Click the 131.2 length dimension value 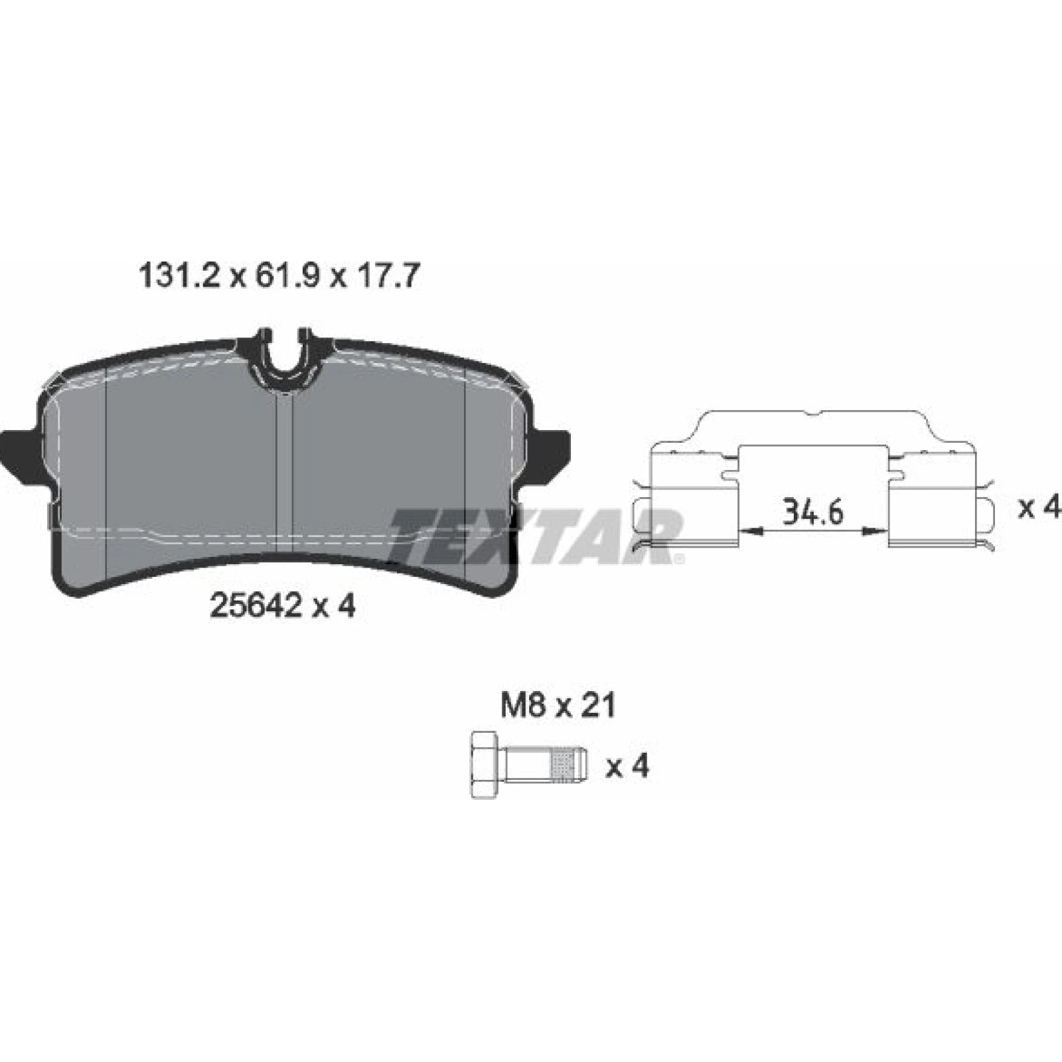coord(179,276)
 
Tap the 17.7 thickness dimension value coord(388,276)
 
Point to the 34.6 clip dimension coord(812,512)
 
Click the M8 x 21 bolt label coord(558,705)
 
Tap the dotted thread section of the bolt coord(562,765)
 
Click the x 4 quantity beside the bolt coord(627,766)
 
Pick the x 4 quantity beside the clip coord(1039,508)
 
